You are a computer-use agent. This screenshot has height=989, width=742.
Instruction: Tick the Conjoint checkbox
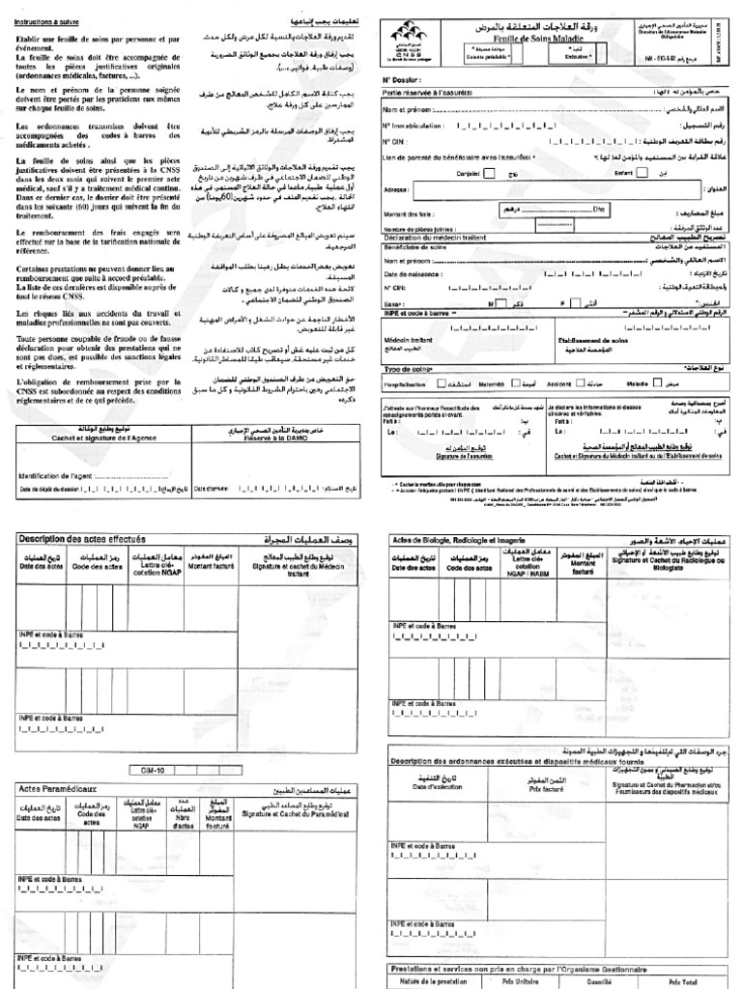[490, 174]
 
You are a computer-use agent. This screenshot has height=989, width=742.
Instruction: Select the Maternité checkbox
[515, 382]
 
